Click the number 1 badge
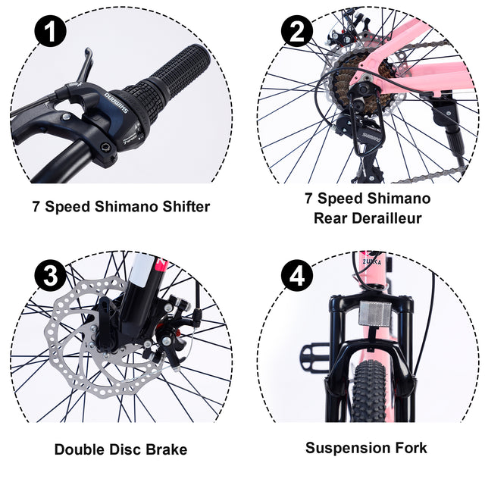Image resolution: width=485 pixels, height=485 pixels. (51, 33)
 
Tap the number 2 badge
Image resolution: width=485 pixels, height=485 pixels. (296, 33)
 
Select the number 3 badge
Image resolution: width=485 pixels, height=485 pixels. (51, 275)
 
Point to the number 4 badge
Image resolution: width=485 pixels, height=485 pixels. (296, 275)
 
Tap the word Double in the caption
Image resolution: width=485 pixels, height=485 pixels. (80, 449)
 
